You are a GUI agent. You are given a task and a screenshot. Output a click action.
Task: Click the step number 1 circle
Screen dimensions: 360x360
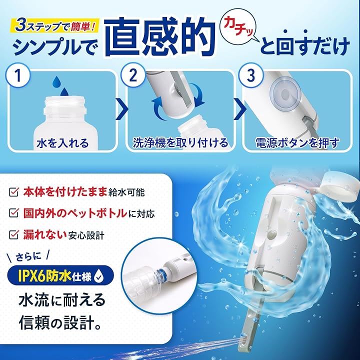coord(18,75)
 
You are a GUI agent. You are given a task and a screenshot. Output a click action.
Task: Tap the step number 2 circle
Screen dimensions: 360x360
coord(133,75)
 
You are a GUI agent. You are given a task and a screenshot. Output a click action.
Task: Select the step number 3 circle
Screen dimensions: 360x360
coord(250,75)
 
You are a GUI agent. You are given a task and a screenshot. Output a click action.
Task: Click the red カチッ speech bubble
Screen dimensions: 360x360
coord(239,29)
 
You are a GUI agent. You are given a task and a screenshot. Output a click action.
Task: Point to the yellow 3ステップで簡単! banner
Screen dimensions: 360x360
coord(55,25)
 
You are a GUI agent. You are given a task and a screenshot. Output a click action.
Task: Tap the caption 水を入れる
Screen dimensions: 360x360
coord(62,143)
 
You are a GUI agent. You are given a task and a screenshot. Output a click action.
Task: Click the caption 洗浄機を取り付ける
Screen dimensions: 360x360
coord(180,142)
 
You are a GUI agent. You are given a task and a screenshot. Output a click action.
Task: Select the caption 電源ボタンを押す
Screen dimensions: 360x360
coord(297,142)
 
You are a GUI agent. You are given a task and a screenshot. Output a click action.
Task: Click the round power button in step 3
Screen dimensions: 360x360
coord(285,94)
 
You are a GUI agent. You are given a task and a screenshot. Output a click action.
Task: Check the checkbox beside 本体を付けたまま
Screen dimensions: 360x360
coord(14,192)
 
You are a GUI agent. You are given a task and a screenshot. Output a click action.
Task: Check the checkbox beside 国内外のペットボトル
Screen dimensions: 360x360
coord(14,213)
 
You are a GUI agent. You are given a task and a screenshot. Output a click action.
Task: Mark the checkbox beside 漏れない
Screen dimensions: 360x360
coord(14,234)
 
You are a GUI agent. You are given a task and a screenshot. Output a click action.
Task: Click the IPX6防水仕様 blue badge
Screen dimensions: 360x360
coord(60,276)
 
